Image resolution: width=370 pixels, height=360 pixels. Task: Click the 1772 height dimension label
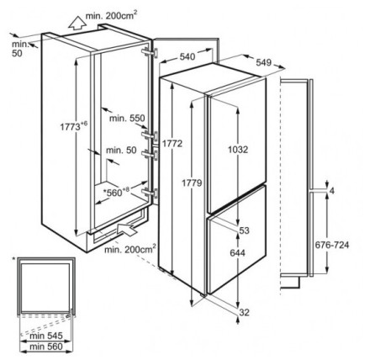tap(172, 144)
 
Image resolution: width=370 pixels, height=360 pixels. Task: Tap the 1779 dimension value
tap(192, 183)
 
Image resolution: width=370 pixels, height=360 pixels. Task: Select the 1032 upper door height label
tap(238, 150)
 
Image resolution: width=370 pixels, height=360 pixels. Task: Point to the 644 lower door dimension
tap(237, 253)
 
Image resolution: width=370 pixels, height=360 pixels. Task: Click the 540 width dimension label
tap(188, 57)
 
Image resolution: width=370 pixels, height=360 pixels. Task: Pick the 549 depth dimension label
tap(264, 62)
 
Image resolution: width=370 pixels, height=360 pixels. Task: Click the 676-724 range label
tap(332, 245)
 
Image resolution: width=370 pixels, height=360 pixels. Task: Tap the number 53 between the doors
tap(244, 230)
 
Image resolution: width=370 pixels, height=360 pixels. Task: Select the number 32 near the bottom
tap(244, 312)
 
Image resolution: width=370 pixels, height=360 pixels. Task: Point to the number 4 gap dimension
tap(332, 191)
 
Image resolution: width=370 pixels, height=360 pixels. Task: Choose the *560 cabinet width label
tap(116, 192)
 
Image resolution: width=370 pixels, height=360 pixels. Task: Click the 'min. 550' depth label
tap(127, 118)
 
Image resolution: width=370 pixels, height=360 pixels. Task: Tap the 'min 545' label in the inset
tap(46, 336)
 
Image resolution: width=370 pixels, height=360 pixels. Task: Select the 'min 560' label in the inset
tap(46, 347)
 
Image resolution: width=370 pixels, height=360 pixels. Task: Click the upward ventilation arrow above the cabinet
tap(77, 23)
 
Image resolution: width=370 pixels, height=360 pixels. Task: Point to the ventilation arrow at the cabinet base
tap(128, 229)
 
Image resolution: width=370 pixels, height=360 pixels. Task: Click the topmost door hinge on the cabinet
tap(150, 52)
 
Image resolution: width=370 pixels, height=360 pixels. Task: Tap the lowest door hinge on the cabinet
tap(150, 193)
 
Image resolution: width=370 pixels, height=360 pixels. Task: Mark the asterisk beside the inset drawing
tap(14, 259)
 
